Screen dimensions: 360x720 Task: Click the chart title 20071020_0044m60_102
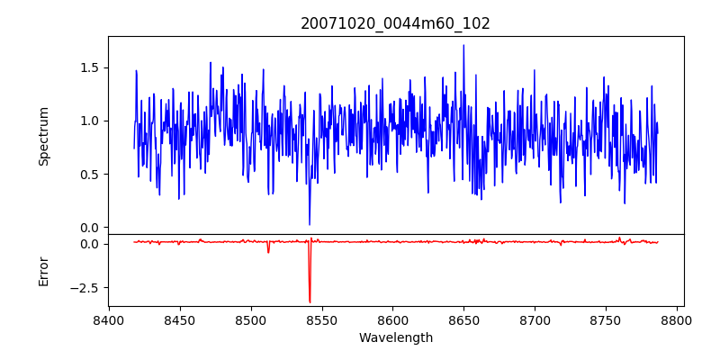click(395, 23)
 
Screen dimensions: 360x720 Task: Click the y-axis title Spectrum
click(43, 136)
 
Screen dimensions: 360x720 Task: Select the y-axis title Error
click(43, 271)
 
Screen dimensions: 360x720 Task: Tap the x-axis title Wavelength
click(395, 338)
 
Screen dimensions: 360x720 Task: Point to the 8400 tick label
click(109, 319)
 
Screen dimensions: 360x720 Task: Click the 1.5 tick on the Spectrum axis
click(91, 67)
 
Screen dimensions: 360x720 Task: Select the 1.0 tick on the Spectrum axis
click(91, 121)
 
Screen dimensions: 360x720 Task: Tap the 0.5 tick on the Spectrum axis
click(91, 174)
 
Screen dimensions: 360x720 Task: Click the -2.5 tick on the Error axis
click(85, 288)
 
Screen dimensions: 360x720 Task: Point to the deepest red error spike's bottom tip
click(310, 302)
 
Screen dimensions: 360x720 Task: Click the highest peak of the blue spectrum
click(463, 45)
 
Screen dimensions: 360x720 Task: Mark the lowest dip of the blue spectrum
click(310, 224)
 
